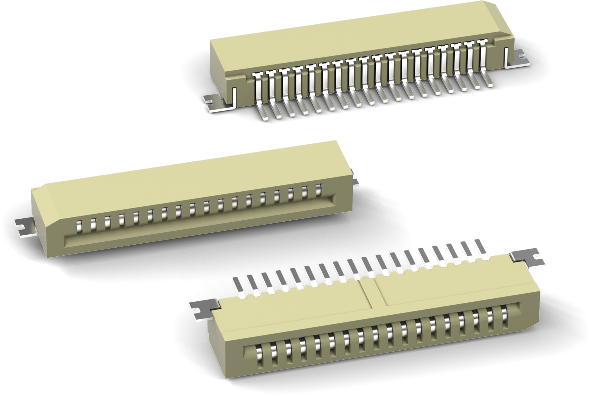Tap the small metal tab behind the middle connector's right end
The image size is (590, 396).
[355, 181]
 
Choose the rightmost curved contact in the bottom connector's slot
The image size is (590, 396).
[505, 316]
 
